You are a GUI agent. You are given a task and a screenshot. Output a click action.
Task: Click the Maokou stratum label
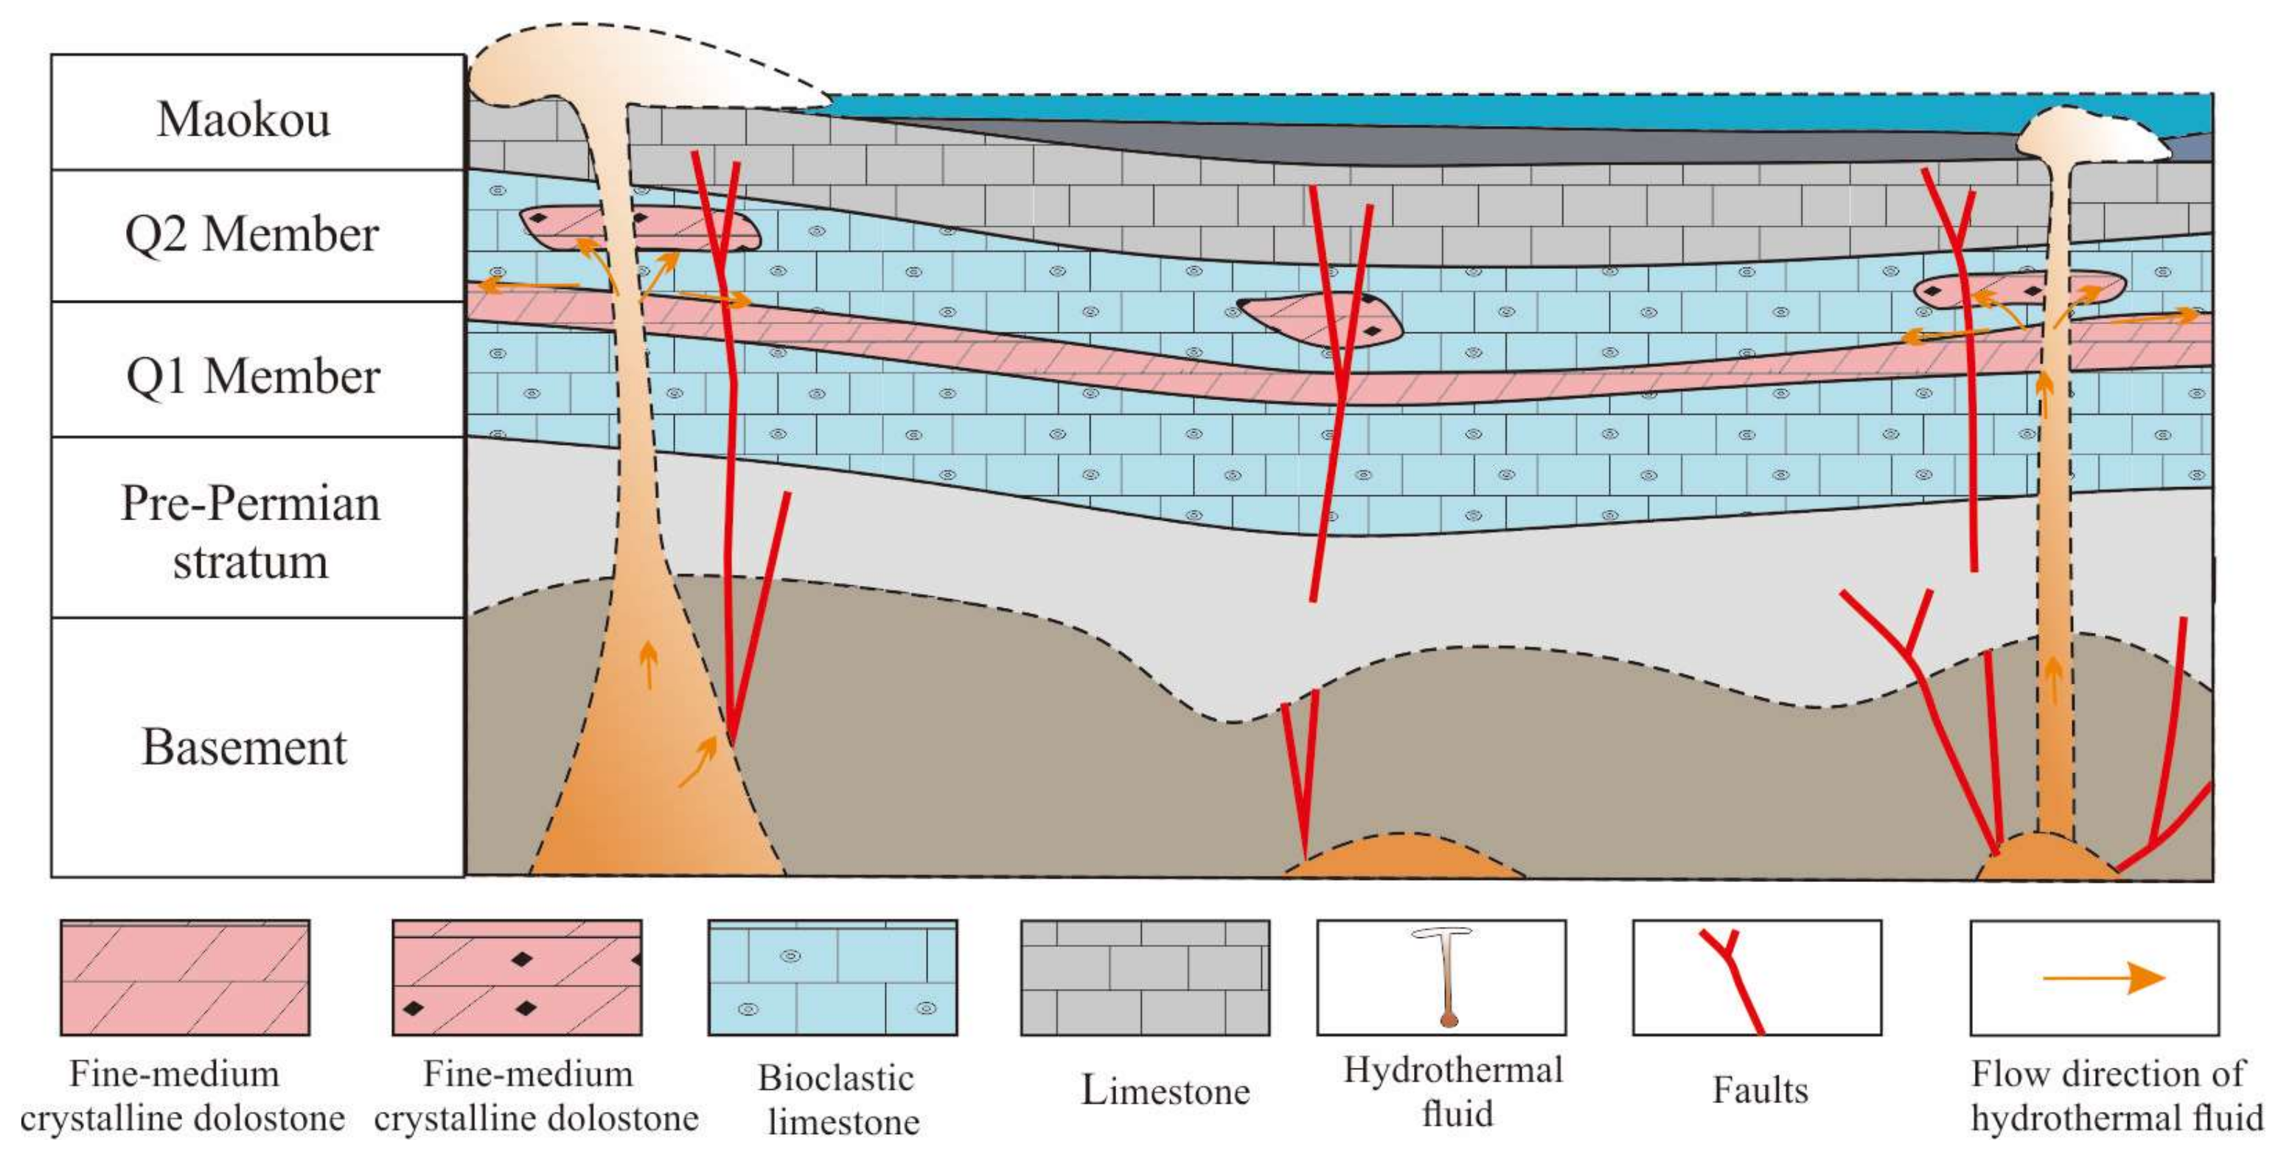coord(244,119)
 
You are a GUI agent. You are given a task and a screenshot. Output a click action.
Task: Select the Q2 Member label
coord(252,235)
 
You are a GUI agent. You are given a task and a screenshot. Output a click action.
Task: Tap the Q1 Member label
coord(253,377)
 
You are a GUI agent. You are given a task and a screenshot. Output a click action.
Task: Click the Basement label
coord(245,748)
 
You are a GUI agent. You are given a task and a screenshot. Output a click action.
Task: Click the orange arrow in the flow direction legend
coord(2104,978)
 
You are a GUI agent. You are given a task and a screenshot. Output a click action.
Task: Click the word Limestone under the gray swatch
coord(1166,1091)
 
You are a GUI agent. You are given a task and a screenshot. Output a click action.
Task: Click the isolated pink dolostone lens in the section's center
coord(1317,318)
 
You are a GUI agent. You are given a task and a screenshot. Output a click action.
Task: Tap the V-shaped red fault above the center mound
coord(1302,760)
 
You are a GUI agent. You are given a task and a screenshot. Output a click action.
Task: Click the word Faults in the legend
coord(1760,1090)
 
